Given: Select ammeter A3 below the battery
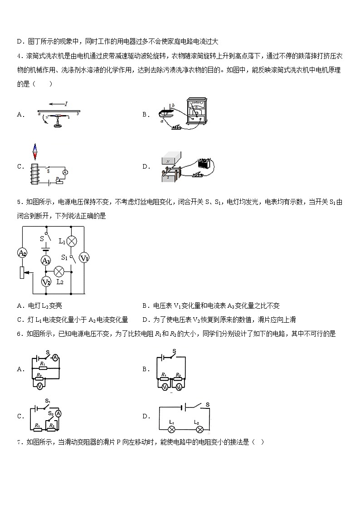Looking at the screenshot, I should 46,260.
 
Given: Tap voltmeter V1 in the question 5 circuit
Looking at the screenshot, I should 84,258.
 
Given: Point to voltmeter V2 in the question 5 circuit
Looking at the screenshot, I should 46,282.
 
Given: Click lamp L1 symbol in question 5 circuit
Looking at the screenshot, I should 71,241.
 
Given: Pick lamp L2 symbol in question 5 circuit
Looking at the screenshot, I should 58,271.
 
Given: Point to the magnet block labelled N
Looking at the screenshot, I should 170,160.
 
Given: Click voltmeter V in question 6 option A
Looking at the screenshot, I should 40,386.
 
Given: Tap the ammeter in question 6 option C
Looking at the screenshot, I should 58,413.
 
